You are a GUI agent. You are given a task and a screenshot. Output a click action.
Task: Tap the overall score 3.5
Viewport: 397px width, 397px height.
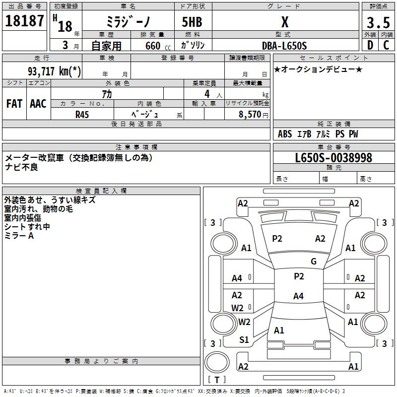point(378,23)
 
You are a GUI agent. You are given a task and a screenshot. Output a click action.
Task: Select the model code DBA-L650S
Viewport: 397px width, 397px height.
point(284,46)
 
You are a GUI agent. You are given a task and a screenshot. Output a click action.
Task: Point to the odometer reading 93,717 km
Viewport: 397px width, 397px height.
point(55,71)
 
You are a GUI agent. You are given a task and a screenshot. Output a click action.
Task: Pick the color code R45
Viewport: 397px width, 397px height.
point(82,114)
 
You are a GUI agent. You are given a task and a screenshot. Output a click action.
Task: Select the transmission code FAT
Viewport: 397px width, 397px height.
point(14,104)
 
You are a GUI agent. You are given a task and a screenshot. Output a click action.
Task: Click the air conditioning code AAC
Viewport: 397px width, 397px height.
point(38,104)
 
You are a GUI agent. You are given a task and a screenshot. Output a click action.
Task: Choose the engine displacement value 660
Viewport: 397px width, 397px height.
point(152,46)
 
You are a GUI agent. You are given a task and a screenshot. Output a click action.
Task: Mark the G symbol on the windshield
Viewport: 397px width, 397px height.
point(314,262)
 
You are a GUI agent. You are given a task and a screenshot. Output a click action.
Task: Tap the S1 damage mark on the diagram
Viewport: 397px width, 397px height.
point(244,339)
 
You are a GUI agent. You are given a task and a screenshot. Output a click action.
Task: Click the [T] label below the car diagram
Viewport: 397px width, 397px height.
point(217,380)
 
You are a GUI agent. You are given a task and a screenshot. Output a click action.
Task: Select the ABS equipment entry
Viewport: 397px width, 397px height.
point(285,134)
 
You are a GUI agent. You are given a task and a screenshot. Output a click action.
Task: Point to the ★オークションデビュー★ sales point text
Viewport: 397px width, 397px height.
point(318,69)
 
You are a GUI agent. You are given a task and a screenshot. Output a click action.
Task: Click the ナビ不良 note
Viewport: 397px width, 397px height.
point(21,167)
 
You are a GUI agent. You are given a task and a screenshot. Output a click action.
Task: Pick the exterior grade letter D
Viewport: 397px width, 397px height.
point(370,46)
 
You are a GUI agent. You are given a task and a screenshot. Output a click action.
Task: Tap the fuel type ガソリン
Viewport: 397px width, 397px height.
point(193,46)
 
